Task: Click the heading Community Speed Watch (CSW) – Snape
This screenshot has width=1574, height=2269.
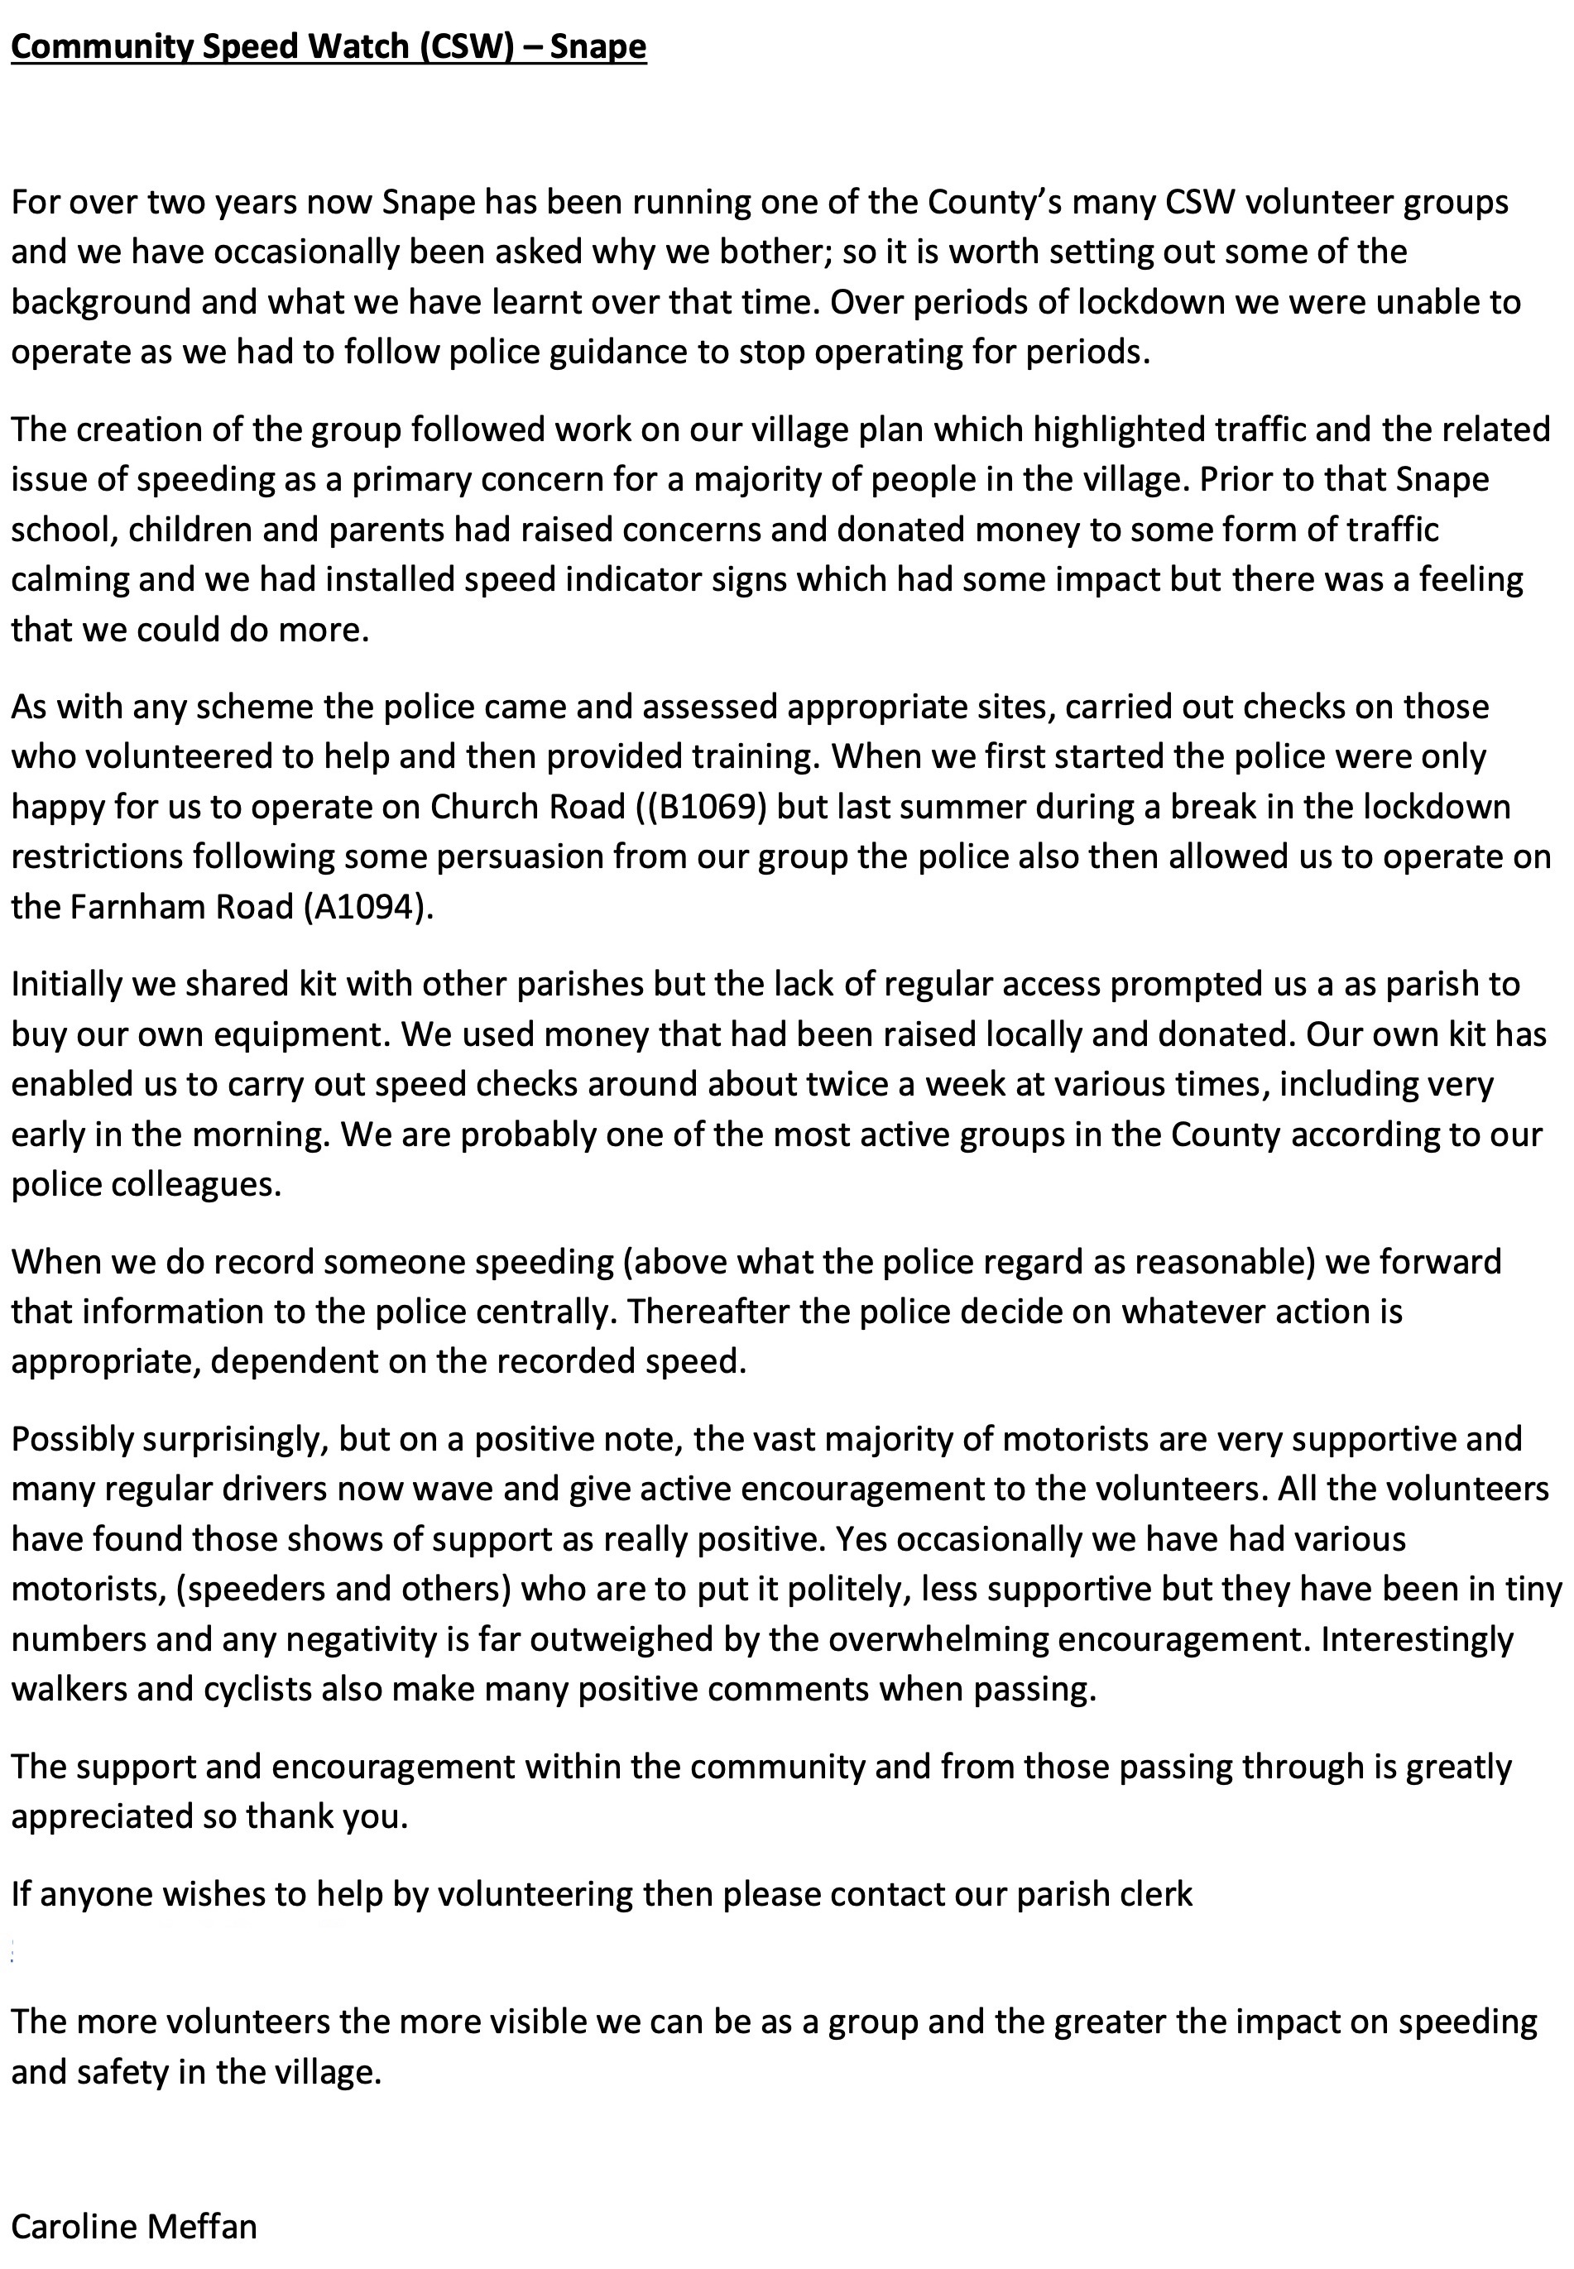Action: coord(329,46)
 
